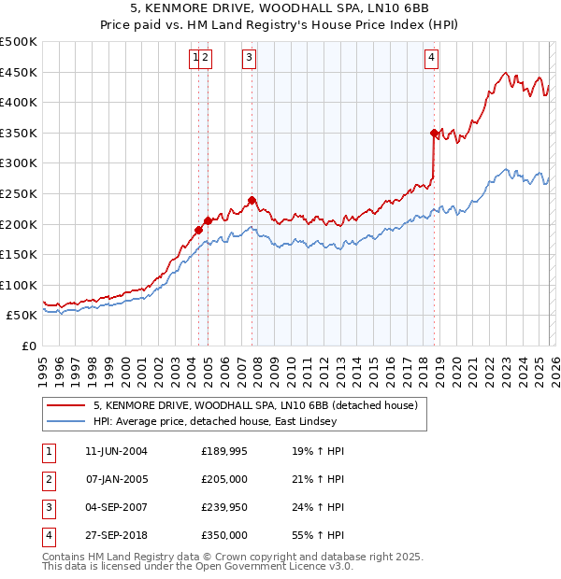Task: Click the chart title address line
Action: point(280,10)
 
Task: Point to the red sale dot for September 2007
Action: point(252,200)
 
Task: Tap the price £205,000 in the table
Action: point(224,479)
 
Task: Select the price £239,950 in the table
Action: point(224,507)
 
